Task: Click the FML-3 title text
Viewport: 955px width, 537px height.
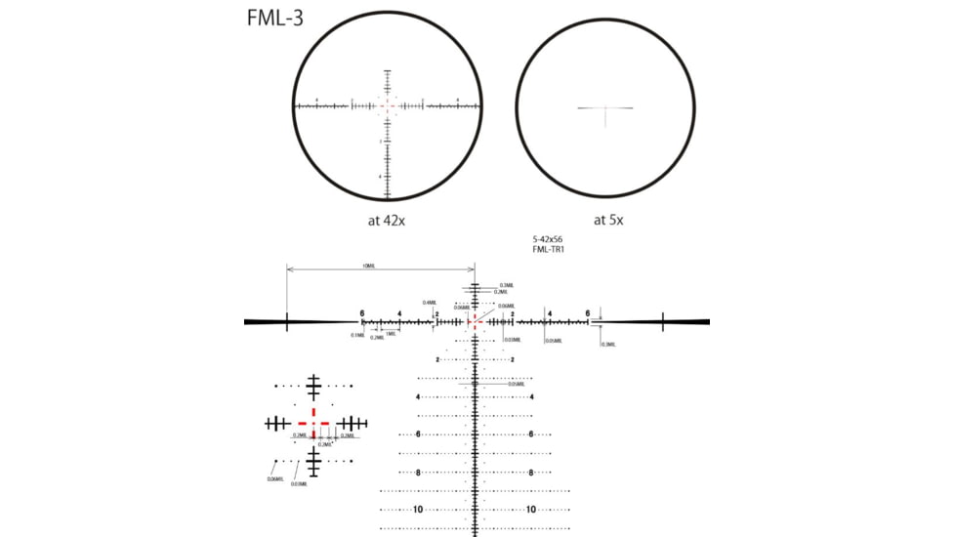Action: pos(274,18)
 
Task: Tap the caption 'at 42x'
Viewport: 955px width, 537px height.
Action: pos(387,221)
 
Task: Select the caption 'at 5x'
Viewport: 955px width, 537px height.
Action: pos(607,221)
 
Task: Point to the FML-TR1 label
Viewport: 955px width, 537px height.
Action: pos(549,250)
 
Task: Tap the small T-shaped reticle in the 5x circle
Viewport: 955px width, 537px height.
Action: pos(605,108)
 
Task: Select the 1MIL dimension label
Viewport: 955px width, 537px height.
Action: pos(390,333)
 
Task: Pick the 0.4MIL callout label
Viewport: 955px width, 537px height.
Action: pos(429,303)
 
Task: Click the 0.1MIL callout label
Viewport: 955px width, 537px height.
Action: pos(357,335)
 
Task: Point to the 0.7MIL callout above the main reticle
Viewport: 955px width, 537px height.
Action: pos(505,285)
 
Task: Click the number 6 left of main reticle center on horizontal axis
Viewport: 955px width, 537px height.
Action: pos(362,313)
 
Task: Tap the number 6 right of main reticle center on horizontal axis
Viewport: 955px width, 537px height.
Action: pos(588,313)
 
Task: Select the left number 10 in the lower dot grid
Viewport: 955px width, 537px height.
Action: pos(418,510)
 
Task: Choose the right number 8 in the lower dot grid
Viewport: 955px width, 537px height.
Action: pos(531,473)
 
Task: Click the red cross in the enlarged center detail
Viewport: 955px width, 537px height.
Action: pos(313,423)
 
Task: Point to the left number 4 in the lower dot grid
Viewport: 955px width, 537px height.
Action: pos(418,397)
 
